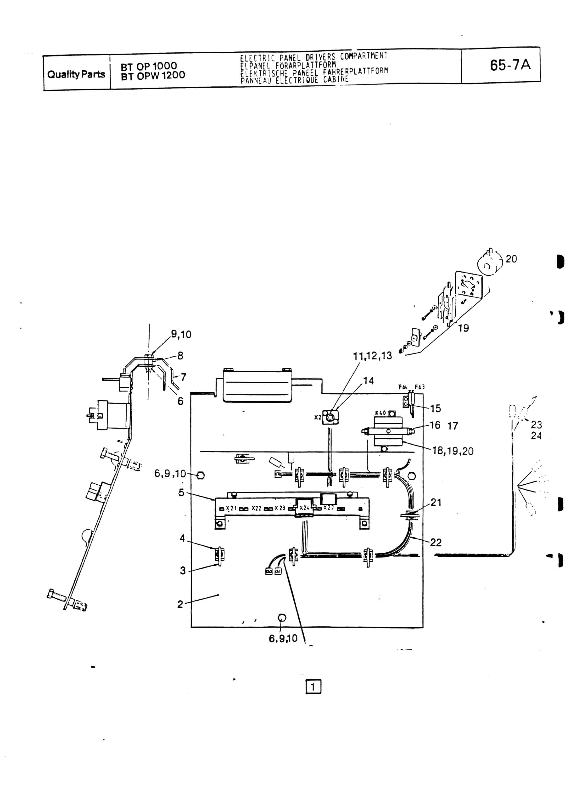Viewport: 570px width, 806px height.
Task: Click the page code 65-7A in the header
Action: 510,65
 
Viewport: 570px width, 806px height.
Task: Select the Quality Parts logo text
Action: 76,74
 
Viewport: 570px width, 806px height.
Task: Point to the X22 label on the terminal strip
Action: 256,508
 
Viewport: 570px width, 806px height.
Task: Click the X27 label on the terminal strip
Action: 329,508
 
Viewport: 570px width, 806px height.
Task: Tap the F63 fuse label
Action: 419,387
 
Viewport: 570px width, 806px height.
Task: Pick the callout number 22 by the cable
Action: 435,542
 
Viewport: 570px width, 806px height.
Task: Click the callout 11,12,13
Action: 372,356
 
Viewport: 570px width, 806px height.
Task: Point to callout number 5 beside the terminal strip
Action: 181,493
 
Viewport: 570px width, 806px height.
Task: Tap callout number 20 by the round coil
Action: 511,259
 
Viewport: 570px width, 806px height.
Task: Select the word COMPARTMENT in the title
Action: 364,56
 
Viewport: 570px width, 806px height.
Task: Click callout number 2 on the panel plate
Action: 180,604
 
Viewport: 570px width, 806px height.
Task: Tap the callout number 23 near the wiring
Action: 536,425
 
